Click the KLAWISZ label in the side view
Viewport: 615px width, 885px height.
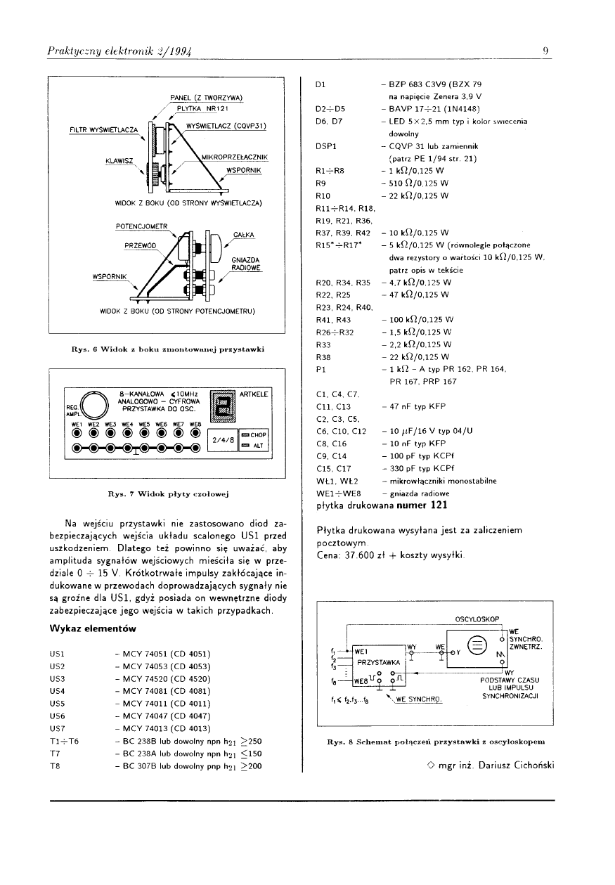[119, 161]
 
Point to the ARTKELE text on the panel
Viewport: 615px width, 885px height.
[254, 395]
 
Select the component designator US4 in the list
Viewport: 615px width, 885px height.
[58, 690]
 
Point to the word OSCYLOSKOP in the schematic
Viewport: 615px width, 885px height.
[477, 619]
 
